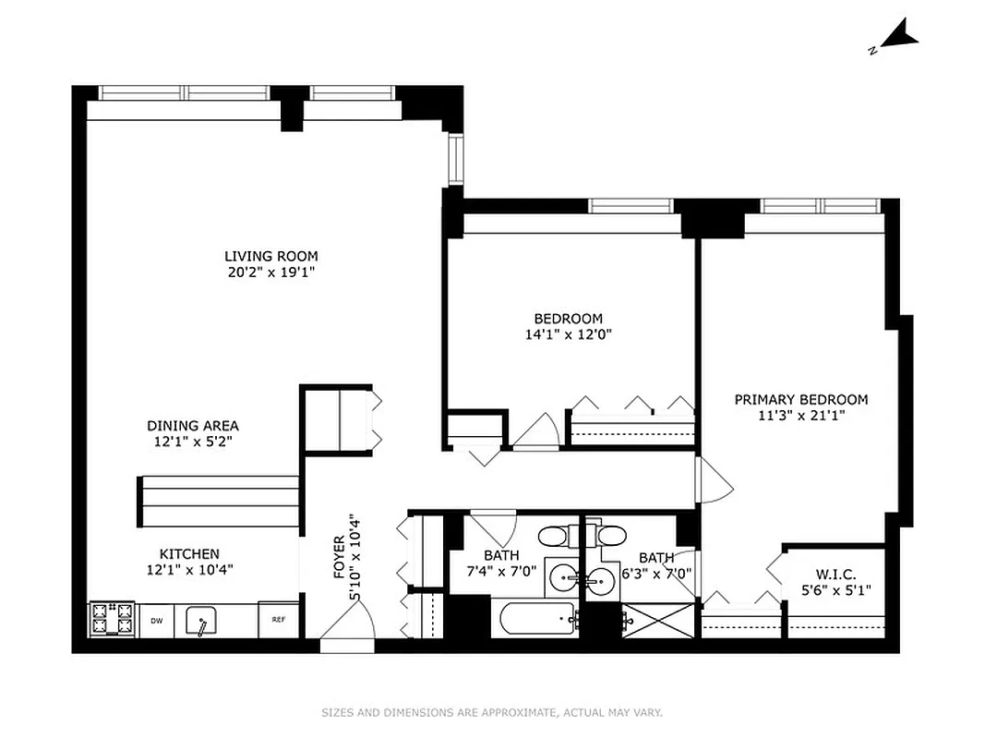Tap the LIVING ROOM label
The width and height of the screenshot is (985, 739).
[270, 256]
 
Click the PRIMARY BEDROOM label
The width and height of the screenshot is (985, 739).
[800, 399]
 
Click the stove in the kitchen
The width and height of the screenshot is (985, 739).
[113, 619]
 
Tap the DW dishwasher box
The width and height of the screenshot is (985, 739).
[157, 621]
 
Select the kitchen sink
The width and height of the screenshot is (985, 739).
[202, 621]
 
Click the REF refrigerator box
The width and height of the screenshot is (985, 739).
[278, 620]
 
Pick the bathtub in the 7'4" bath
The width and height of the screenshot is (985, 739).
[536, 619]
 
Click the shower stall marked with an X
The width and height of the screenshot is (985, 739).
[657, 620]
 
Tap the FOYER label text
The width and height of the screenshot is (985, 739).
[339, 557]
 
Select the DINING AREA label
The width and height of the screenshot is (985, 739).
[193, 426]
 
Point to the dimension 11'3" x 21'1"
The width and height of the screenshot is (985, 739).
[800, 416]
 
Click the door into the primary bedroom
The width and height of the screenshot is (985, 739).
[714, 481]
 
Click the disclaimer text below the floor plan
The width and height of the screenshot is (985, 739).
[492, 712]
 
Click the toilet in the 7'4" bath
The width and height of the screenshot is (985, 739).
[557, 536]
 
